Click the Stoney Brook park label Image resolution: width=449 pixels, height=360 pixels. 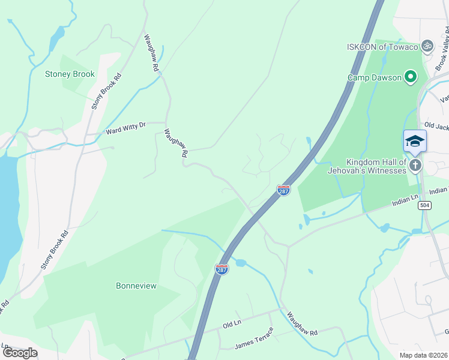click(x=70, y=74)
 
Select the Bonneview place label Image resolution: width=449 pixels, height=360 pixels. click(x=136, y=286)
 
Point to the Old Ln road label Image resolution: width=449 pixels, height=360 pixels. click(x=232, y=325)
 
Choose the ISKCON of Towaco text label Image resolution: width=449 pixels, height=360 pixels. click(x=382, y=47)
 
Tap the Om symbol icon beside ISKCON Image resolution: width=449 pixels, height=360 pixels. click(x=427, y=46)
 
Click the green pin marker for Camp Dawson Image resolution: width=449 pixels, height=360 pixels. click(x=411, y=77)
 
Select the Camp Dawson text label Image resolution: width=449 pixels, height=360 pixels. click(x=375, y=77)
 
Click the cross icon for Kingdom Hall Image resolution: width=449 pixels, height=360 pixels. click(x=415, y=165)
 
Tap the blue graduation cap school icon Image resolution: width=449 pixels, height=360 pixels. click(x=415, y=141)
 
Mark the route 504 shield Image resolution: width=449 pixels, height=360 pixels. click(x=425, y=205)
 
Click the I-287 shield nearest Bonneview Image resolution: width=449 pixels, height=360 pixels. click(x=221, y=269)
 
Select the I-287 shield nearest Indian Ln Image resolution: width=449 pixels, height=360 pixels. click(x=284, y=190)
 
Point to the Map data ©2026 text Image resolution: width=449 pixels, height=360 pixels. click(x=423, y=355)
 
